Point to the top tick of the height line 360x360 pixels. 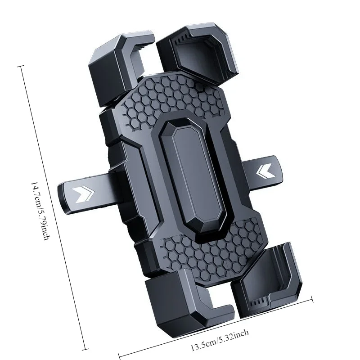coord(20,67)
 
